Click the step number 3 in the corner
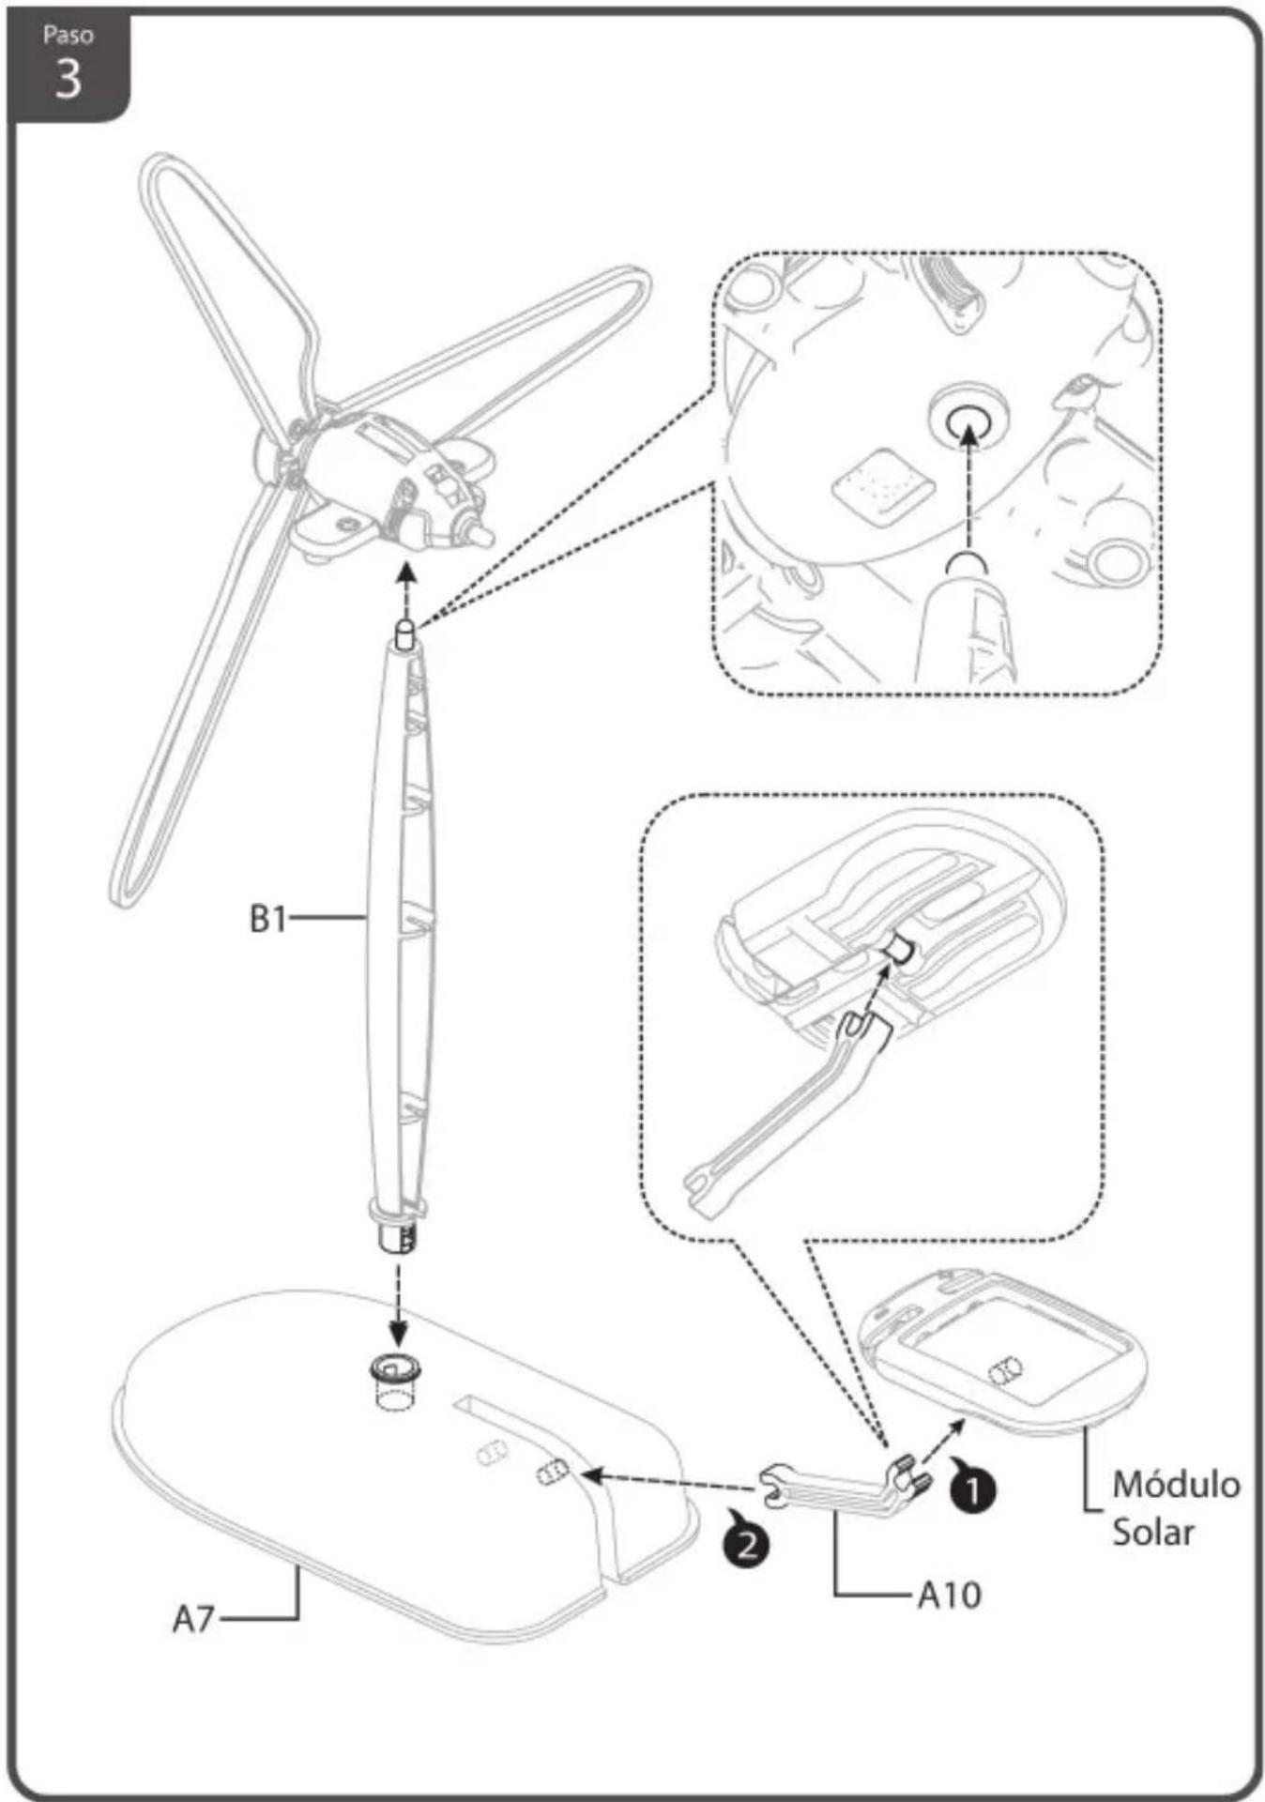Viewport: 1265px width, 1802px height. tap(68, 79)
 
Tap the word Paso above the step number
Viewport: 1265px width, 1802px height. tap(68, 36)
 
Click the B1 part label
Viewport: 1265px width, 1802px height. tap(267, 919)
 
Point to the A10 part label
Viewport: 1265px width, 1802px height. tap(949, 1594)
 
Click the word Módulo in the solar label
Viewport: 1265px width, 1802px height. tap(1176, 1484)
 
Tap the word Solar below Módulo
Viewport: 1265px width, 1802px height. tap(1153, 1532)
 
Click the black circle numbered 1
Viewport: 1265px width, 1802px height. tap(973, 1488)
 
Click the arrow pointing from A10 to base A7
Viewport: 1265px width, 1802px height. tap(667, 1482)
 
